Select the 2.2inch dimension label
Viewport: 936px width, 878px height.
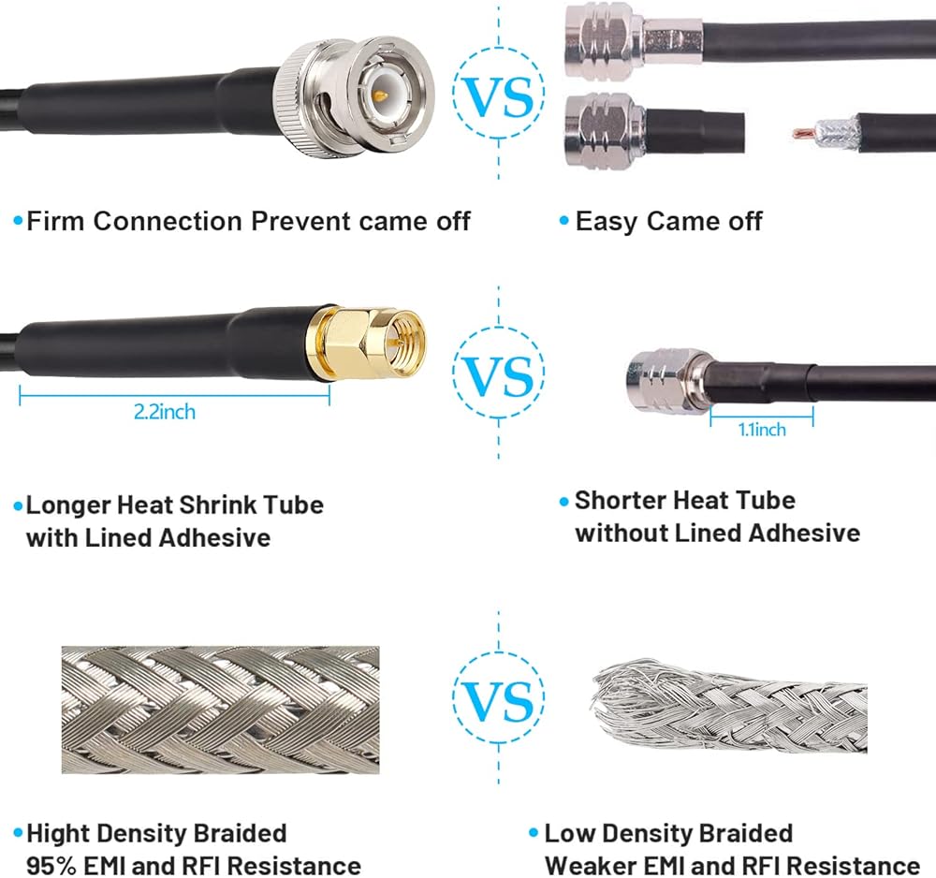coord(165,412)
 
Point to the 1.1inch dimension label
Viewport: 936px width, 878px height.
coord(761,430)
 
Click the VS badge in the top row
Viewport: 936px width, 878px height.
coord(497,95)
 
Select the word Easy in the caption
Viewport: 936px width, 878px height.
coord(607,222)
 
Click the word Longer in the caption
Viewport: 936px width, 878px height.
coord(68,505)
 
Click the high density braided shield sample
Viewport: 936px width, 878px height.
coord(220,709)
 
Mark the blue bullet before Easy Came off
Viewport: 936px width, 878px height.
coord(563,222)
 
